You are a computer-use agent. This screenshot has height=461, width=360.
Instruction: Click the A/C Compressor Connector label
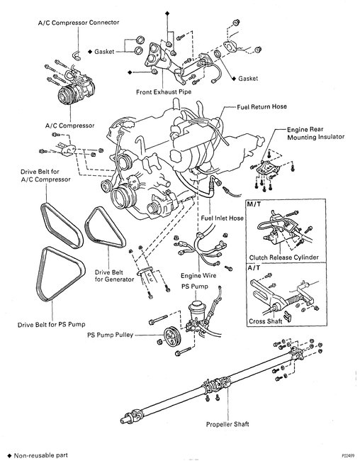pyautogui.click(x=79, y=23)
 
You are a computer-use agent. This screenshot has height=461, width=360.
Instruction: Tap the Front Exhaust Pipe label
pyautogui.click(x=164, y=92)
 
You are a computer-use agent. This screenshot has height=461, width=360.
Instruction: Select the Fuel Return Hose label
pyautogui.click(x=261, y=106)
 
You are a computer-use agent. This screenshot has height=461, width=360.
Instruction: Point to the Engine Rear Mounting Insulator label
pyautogui.click(x=315, y=133)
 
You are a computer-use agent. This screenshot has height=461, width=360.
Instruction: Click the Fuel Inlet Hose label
pyautogui.click(x=223, y=218)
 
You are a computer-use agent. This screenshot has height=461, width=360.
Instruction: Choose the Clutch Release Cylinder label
pyautogui.click(x=284, y=257)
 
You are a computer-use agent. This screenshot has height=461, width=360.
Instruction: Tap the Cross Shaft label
pyautogui.click(x=265, y=321)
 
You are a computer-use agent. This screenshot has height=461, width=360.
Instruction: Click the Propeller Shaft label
pyautogui.click(x=227, y=424)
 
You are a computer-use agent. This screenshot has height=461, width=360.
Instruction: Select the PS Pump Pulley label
pyautogui.click(x=111, y=335)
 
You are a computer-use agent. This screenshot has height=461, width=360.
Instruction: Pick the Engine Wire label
pyautogui.click(x=198, y=276)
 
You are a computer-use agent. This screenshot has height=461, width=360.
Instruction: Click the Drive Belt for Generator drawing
pyautogui.click(x=105, y=227)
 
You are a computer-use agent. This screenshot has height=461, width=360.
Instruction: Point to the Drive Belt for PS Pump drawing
pyautogui.click(x=60, y=274)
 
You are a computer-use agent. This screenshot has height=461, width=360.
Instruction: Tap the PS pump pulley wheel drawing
pyautogui.click(x=171, y=337)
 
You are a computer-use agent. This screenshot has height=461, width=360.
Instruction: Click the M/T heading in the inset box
pyautogui.click(x=254, y=204)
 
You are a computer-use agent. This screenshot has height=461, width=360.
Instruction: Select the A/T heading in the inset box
pyautogui.click(x=254, y=268)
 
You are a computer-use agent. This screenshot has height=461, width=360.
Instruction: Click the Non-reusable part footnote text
pyautogui.click(x=41, y=455)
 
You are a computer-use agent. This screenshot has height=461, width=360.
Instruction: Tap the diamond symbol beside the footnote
pyautogui.click(x=9, y=456)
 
